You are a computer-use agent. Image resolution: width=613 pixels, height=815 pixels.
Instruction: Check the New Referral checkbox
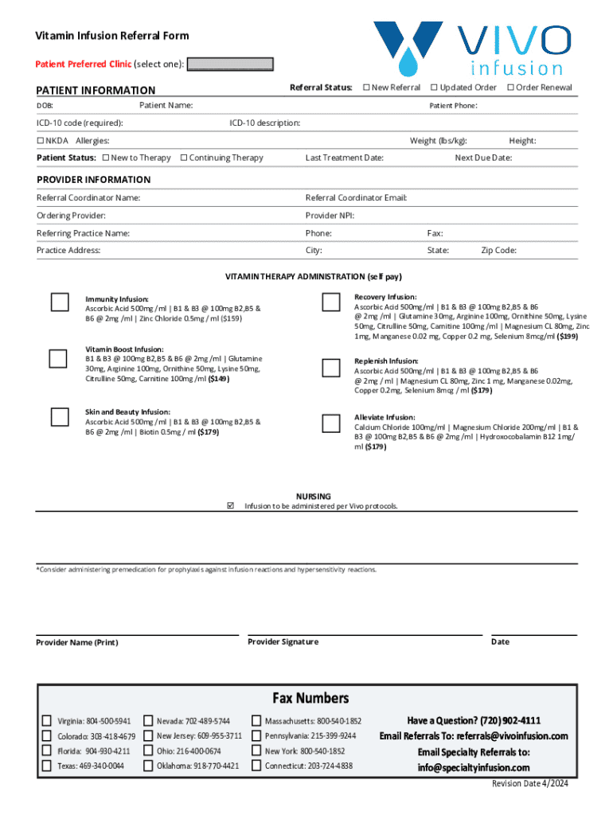366,88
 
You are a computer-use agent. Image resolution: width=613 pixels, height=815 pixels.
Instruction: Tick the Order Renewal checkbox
511,88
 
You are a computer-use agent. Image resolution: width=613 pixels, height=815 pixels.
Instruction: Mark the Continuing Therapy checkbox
184,158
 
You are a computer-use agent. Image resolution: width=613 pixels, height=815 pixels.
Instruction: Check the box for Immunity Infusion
59,302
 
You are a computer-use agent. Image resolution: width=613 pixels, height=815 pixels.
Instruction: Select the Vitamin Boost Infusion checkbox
58,358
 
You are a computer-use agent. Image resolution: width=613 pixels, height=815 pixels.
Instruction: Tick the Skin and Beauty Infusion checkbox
59,416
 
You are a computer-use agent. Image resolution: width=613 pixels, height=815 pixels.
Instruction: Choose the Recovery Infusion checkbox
330,302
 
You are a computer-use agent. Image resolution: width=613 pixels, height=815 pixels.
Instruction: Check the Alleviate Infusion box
330,423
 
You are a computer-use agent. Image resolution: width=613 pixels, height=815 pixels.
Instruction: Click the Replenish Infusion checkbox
330,368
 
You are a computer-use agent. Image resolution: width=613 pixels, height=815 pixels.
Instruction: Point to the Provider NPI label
330,216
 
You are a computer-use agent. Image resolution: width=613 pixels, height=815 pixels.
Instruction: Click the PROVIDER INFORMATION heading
93,180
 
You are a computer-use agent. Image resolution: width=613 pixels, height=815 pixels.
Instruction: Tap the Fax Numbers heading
310,698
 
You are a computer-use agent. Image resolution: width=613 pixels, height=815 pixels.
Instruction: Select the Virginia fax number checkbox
47,721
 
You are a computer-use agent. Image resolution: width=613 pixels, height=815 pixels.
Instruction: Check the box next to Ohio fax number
148,751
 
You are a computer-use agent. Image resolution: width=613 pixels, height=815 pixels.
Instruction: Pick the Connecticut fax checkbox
256,766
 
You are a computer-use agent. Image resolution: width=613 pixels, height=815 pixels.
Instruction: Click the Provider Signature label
283,641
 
